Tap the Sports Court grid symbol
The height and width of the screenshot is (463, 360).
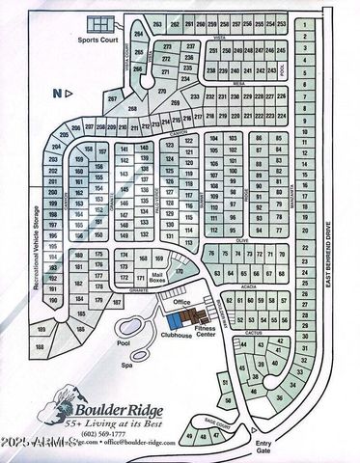pos(99,25)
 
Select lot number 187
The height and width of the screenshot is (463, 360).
pos(117,303)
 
